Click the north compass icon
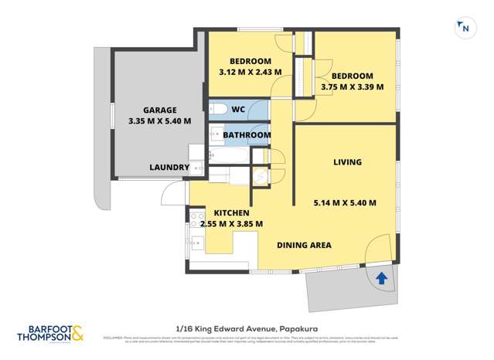tap(464, 28)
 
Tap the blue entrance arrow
tap(380, 278)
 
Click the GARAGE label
tap(159, 110)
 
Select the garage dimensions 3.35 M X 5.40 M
tap(159, 121)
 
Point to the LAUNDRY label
tap(169, 167)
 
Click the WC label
tap(239, 110)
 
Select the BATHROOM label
tap(247, 135)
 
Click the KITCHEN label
tap(231, 212)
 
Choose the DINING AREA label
tap(304, 245)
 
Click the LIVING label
tap(347, 162)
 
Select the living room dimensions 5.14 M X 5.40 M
tap(345, 203)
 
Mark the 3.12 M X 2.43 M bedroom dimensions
tap(250, 72)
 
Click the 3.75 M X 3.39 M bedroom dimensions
tap(352, 87)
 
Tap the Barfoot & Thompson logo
tap(50, 333)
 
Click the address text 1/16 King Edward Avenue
tap(246, 327)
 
